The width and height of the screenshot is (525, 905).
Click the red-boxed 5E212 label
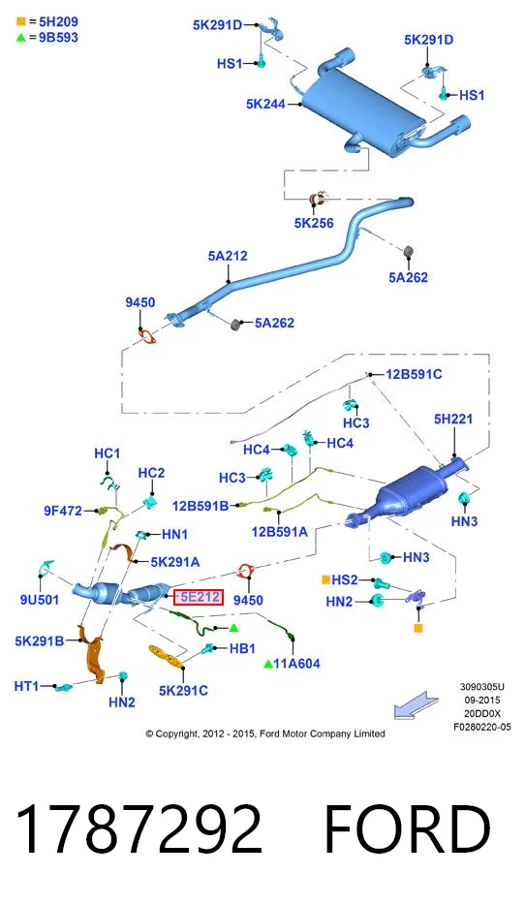point(199,597)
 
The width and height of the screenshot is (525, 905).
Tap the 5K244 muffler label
point(266,104)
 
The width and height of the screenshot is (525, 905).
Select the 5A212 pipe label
point(228,256)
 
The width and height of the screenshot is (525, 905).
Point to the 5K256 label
point(314,223)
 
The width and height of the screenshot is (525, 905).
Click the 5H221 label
point(453,419)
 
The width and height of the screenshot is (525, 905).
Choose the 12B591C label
point(414,374)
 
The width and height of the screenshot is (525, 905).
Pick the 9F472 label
point(63,511)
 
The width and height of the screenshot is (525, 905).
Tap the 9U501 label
point(40,600)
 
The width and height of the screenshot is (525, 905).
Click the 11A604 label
point(296,664)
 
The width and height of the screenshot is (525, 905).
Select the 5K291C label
point(183,690)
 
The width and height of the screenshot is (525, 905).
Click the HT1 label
point(26,686)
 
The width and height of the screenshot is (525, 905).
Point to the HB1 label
point(242,649)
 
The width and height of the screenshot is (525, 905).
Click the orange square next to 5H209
point(20,22)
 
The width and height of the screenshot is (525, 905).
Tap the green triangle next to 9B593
point(20,38)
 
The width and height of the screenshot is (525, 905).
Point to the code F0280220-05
point(482,728)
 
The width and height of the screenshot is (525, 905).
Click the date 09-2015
point(482,701)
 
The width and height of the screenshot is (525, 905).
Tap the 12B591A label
point(280,532)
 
